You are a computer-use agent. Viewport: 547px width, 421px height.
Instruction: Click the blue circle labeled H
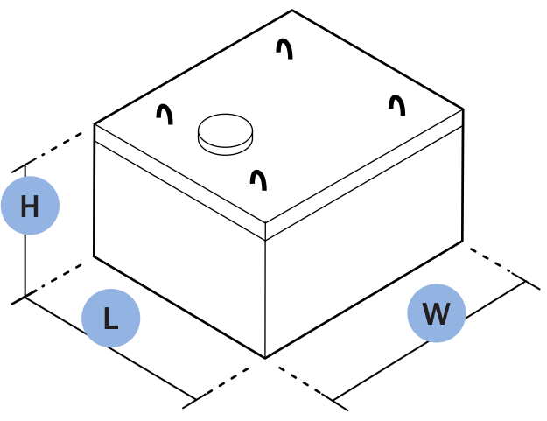tap(30, 206)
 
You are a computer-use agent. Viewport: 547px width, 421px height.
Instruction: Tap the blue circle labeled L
tap(110, 318)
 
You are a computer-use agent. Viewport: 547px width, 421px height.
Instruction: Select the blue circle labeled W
tap(436, 313)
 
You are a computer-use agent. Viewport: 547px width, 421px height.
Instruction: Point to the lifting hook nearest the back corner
tap(284, 48)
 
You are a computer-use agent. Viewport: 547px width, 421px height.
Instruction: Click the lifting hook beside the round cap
tap(165, 114)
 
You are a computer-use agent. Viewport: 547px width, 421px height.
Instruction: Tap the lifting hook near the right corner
tap(397, 105)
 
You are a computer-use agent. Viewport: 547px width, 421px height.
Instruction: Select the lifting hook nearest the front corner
tap(258, 179)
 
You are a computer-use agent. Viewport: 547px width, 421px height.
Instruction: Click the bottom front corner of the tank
tap(265, 358)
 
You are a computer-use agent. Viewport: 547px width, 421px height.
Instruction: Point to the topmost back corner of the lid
tap(292, 11)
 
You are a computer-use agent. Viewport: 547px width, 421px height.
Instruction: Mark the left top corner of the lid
tap(95, 124)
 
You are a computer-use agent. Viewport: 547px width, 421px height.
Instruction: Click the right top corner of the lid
tap(463, 109)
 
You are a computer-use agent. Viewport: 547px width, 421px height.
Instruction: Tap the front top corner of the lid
tap(265, 223)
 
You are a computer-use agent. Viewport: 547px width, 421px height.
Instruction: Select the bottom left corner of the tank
tap(95, 256)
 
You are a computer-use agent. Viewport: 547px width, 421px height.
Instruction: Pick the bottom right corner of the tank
tap(462, 242)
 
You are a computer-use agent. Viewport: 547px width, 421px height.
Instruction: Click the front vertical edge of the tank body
tap(265, 298)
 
